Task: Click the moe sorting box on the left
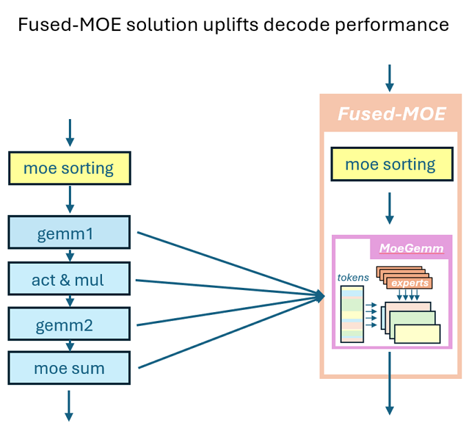point(69,168)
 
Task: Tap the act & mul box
point(69,280)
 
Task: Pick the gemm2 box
point(69,324)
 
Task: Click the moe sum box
point(69,369)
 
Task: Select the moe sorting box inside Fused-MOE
point(390,165)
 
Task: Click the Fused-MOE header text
point(390,113)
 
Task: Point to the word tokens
point(353,277)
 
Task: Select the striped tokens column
point(352,313)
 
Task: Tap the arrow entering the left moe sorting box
point(69,133)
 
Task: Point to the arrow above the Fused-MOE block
point(390,78)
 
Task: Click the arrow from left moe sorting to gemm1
point(69,200)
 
